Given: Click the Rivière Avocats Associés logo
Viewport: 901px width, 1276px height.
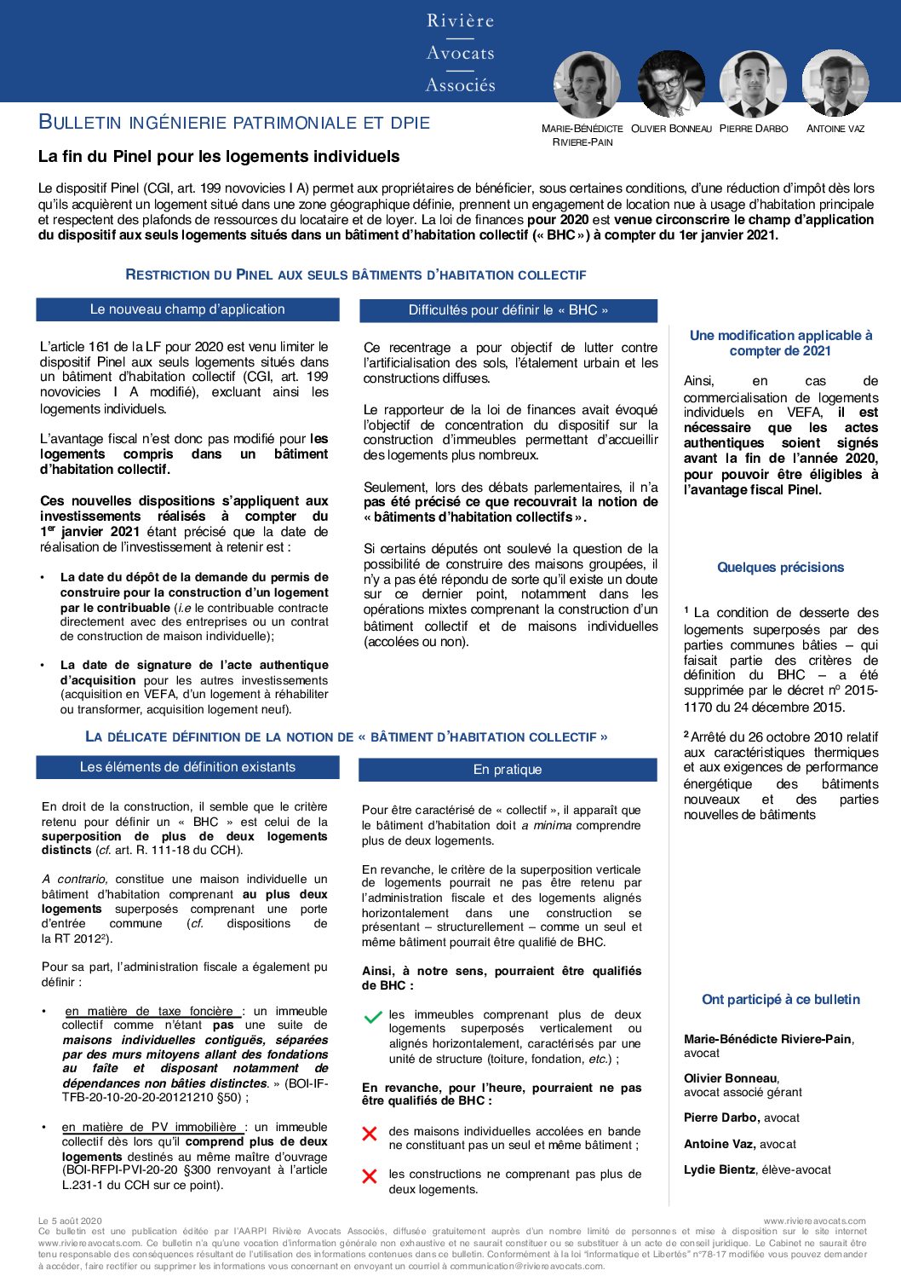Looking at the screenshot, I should coord(460,53).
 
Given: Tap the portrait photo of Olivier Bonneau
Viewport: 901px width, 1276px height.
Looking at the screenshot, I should coord(671,84).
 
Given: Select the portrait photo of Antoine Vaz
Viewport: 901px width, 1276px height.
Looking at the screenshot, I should coord(835,84).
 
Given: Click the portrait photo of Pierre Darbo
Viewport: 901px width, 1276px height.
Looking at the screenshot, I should coord(753,84).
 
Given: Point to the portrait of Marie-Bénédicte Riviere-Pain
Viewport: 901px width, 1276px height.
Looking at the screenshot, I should coord(587,84).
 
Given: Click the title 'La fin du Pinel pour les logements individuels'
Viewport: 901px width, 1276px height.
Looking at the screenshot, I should coord(219,157).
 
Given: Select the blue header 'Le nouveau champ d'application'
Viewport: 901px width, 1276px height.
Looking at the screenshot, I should coord(187,309).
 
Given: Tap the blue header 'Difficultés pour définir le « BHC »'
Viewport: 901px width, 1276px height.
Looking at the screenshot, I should coord(508,310).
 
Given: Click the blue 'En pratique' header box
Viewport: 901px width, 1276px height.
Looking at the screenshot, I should coord(508,770).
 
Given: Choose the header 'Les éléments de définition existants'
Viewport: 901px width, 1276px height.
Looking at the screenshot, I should coord(187,767).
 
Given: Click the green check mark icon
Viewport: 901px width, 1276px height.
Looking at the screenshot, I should coord(372,1017).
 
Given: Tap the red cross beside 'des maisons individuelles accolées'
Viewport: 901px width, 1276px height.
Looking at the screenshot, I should coord(370,1134).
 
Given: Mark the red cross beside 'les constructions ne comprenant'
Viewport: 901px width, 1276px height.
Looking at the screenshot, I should coord(370,1176).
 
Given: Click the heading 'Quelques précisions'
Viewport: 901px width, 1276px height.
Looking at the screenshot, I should coord(780,568).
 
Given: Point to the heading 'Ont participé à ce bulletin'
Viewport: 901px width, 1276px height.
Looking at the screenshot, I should coord(780,1000).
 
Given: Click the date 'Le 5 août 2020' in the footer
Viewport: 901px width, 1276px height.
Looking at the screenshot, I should coord(70,1221).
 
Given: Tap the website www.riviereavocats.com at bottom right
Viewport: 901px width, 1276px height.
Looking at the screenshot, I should coord(814,1221).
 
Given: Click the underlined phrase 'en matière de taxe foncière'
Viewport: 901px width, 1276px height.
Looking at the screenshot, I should coord(150,1011).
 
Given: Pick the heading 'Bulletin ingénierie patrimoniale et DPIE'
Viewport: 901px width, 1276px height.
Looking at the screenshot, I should coord(234,123).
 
